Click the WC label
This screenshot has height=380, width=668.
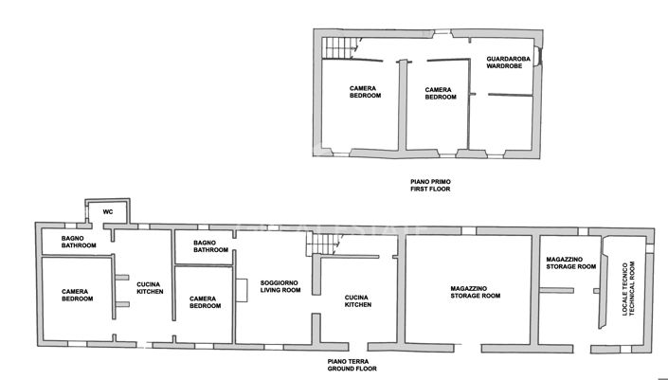tap(107, 211)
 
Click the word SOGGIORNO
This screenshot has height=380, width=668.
tap(280, 282)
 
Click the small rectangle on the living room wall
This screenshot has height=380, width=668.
tap(243, 290)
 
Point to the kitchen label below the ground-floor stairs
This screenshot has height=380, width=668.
tap(358, 301)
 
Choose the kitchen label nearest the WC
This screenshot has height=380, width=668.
tap(151, 287)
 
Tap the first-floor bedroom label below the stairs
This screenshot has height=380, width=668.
tap(365, 92)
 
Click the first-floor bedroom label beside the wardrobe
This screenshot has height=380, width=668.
tap(441, 92)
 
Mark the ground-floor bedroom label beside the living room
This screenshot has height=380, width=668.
tap(206, 302)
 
